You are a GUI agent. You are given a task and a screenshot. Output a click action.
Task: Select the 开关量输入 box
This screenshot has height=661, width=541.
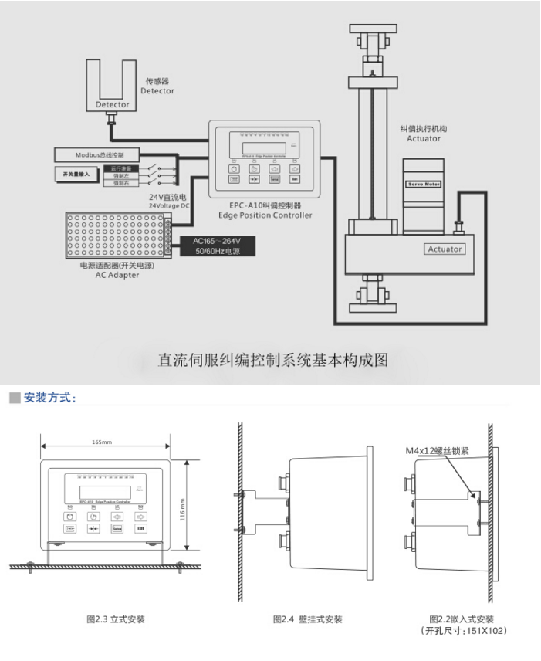point(76,175)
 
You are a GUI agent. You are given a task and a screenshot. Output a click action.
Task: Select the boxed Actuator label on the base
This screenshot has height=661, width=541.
point(445,249)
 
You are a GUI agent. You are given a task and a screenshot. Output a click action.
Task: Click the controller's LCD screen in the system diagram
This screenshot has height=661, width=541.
point(265,149)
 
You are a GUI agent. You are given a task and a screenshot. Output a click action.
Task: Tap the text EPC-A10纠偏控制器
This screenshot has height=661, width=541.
point(265,206)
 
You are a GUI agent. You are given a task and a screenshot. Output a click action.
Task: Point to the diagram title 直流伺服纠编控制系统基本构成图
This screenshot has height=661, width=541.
point(272,360)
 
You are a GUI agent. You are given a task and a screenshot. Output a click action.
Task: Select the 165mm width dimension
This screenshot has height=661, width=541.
point(102,442)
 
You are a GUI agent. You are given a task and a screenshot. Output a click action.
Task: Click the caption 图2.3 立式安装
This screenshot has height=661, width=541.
point(115,619)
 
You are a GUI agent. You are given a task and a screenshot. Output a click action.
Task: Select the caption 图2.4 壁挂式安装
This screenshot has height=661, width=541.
point(307,619)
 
